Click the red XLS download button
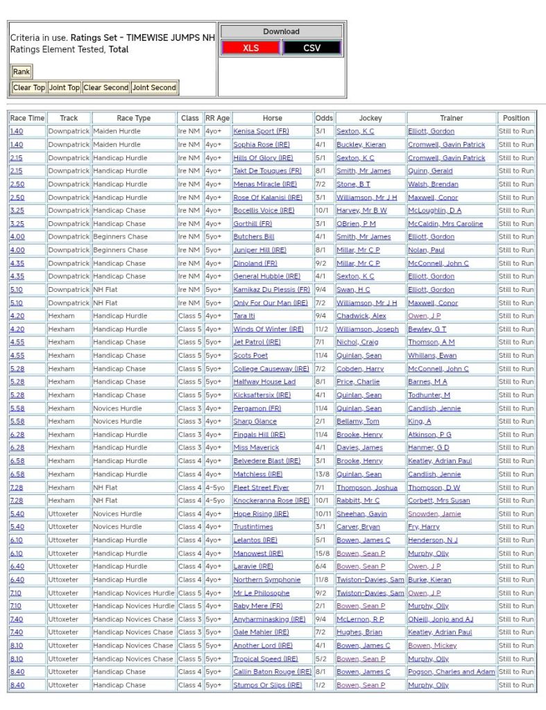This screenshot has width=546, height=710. click(x=250, y=48)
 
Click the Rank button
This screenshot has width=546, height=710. click(x=22, y=71)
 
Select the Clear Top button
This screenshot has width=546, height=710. click(x=29, y=88)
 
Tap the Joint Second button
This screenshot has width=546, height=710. click(x=154, y=88)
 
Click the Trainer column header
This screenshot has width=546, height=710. click(x=452, y=118)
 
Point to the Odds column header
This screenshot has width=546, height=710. click(x=324, y=118)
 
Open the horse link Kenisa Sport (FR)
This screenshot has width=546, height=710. click(x=261, y=131)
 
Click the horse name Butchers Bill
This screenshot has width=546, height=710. click(x=254, y=236)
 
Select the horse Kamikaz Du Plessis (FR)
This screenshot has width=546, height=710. click(x=271, y=289)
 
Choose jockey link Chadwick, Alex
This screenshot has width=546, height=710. click(x=361, y=315)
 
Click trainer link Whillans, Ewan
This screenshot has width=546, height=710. click(x=432, y=355)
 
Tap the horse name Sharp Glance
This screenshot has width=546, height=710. click(x=255, y=421)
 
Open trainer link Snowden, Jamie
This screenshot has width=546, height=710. click(x=434, y=513)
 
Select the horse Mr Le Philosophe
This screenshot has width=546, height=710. click(x=261, y=592)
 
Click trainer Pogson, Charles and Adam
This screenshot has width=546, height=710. click(x=452, y=671)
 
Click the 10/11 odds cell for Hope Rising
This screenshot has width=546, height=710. click(x=324, y=513)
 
